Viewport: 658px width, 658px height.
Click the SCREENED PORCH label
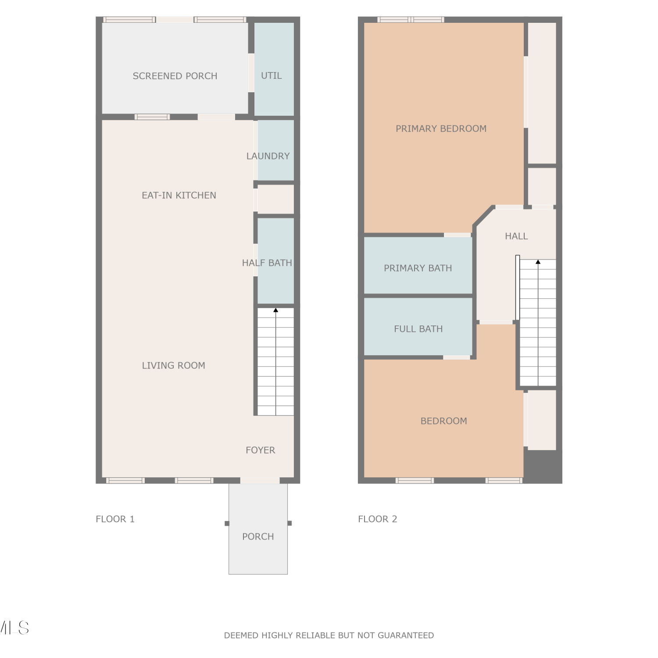tap(175, 76)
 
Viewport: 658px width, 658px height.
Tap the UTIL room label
tap(272, 75)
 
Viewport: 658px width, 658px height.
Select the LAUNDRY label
tap(268, 156)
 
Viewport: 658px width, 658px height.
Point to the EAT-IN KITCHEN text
tap(179, 195)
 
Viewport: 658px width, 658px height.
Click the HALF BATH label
tap(267, 263)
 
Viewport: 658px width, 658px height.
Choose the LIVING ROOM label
tap(174, 365)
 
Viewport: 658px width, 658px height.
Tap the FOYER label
tap(261, 450)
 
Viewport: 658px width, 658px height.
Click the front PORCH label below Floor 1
tap(258, 536)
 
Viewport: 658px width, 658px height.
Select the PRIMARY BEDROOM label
tap(441, 129)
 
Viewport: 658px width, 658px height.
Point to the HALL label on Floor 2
tap(516, 236)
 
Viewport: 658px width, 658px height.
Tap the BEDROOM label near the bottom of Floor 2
tap(444, 421)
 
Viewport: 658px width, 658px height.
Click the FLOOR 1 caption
tap(115, 519)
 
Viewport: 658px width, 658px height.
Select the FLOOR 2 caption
tap(378, 519)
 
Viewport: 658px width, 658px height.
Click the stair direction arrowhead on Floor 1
tap(276, 311)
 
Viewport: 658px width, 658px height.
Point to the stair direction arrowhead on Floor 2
tap(538, 262)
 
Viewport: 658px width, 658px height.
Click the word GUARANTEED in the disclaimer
tap(406, 635)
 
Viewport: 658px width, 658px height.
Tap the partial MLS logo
tap(14, 628)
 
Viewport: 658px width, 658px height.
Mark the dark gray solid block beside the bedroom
tap(543, 466)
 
